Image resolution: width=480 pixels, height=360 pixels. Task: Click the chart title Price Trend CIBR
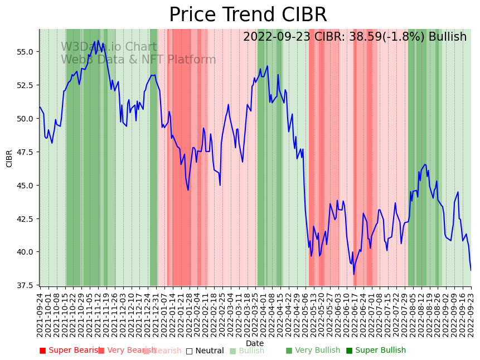[248, 15]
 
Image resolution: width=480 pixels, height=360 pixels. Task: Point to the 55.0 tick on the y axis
[26, 52]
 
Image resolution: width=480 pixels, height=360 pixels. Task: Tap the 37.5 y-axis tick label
[26, 285]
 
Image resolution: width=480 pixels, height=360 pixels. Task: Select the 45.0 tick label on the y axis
[26, 185]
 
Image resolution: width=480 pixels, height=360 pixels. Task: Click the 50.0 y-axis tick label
[26, 119]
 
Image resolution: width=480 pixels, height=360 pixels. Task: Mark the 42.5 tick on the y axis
[26, 218]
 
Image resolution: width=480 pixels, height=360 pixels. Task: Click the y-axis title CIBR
[9, 158]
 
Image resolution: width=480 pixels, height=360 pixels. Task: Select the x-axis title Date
[255, 343]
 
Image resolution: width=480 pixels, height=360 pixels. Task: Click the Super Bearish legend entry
[69, 351]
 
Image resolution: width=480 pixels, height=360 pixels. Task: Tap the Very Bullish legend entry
[313, 351]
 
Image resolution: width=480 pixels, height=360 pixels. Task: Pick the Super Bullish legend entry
[376, 351]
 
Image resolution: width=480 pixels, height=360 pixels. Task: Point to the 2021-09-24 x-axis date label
[40, 315]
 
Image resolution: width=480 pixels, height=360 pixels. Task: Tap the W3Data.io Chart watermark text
[109, 47]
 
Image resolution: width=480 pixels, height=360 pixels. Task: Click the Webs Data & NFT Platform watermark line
[138, 60]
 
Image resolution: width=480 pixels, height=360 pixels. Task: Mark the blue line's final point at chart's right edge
[471, 270]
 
